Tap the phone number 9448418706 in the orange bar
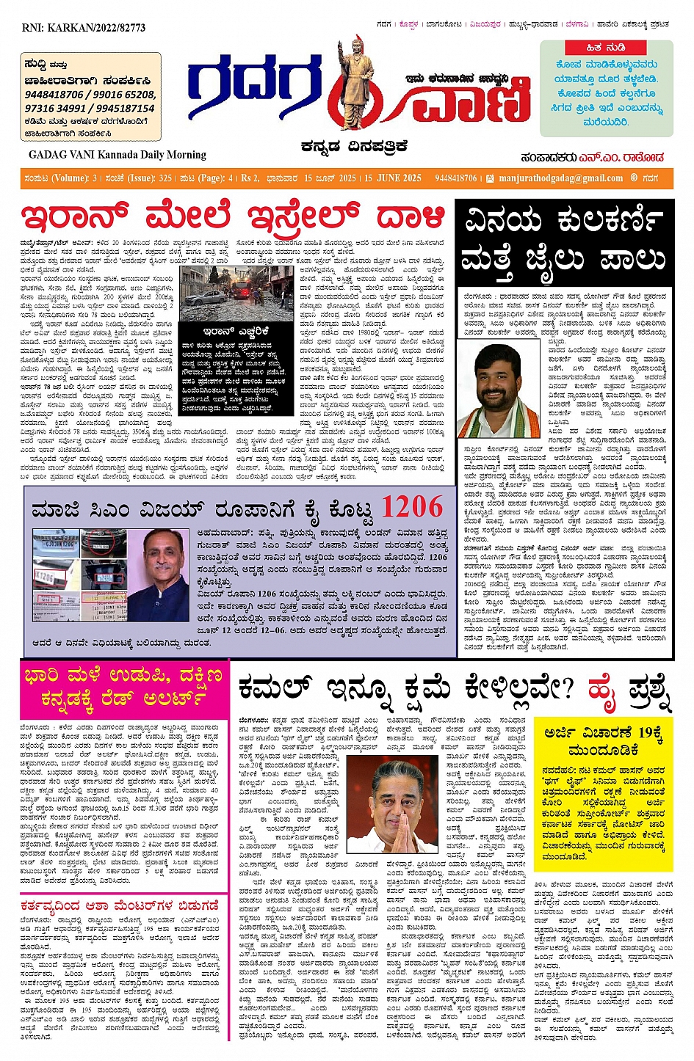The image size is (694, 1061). click(x=455, y=178)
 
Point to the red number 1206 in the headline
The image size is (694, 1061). click(x=411, y=507)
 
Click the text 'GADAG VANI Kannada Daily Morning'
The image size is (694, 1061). click(x=118, y=155)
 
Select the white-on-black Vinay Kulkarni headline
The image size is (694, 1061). click(x=563, y=240)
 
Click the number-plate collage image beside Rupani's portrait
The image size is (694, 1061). click(x=79, y=574)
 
